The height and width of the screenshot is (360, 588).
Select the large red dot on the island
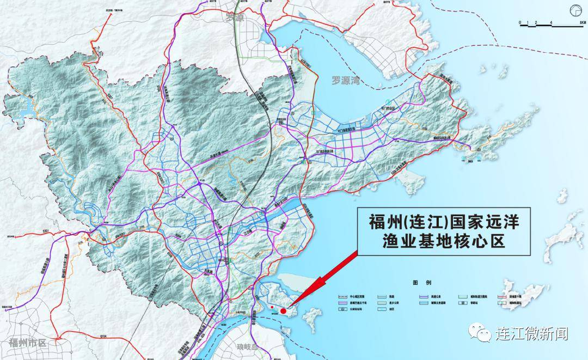coord(283,310)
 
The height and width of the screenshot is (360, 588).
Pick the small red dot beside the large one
coord(271,308)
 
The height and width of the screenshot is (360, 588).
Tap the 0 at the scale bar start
coord(520,23)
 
